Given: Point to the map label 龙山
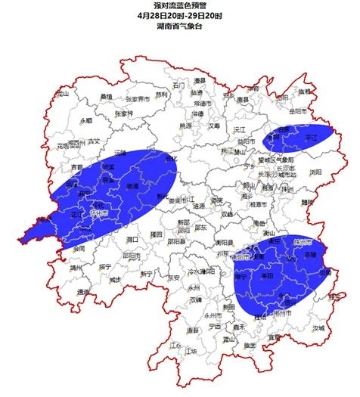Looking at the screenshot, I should (x=62, y=95).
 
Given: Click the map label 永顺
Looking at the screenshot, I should (x=85, y=120).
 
